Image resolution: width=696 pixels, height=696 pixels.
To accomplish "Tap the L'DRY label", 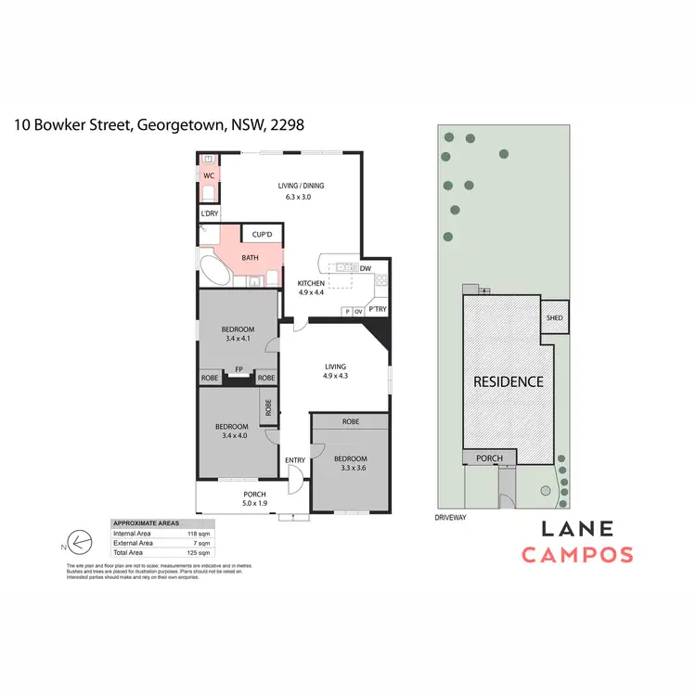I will coord(210,214).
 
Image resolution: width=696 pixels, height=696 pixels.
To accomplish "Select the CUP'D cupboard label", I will coord(261,234).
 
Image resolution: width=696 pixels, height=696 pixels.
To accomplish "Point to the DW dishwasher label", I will coord(365,268).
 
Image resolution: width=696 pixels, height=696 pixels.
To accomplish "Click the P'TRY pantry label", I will coord(377,310).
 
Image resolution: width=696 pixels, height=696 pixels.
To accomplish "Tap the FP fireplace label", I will coord(238,369).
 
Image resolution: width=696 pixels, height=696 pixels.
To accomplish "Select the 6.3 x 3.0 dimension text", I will coord(302,197).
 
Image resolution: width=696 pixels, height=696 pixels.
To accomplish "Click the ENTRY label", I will coord(295,460).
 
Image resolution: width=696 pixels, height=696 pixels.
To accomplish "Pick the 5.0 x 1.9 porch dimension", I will coord(254,504).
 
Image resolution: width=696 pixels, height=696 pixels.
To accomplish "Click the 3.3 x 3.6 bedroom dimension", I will coord(350,469).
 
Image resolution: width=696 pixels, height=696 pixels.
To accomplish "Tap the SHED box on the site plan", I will coord(556,317).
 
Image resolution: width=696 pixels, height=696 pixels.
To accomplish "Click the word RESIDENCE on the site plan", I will coord(508,381).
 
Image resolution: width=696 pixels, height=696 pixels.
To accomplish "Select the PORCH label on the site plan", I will coord(488,458).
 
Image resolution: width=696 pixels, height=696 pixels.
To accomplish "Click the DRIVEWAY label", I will coord(450,517).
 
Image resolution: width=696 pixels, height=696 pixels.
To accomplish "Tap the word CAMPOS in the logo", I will coord(576,555).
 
